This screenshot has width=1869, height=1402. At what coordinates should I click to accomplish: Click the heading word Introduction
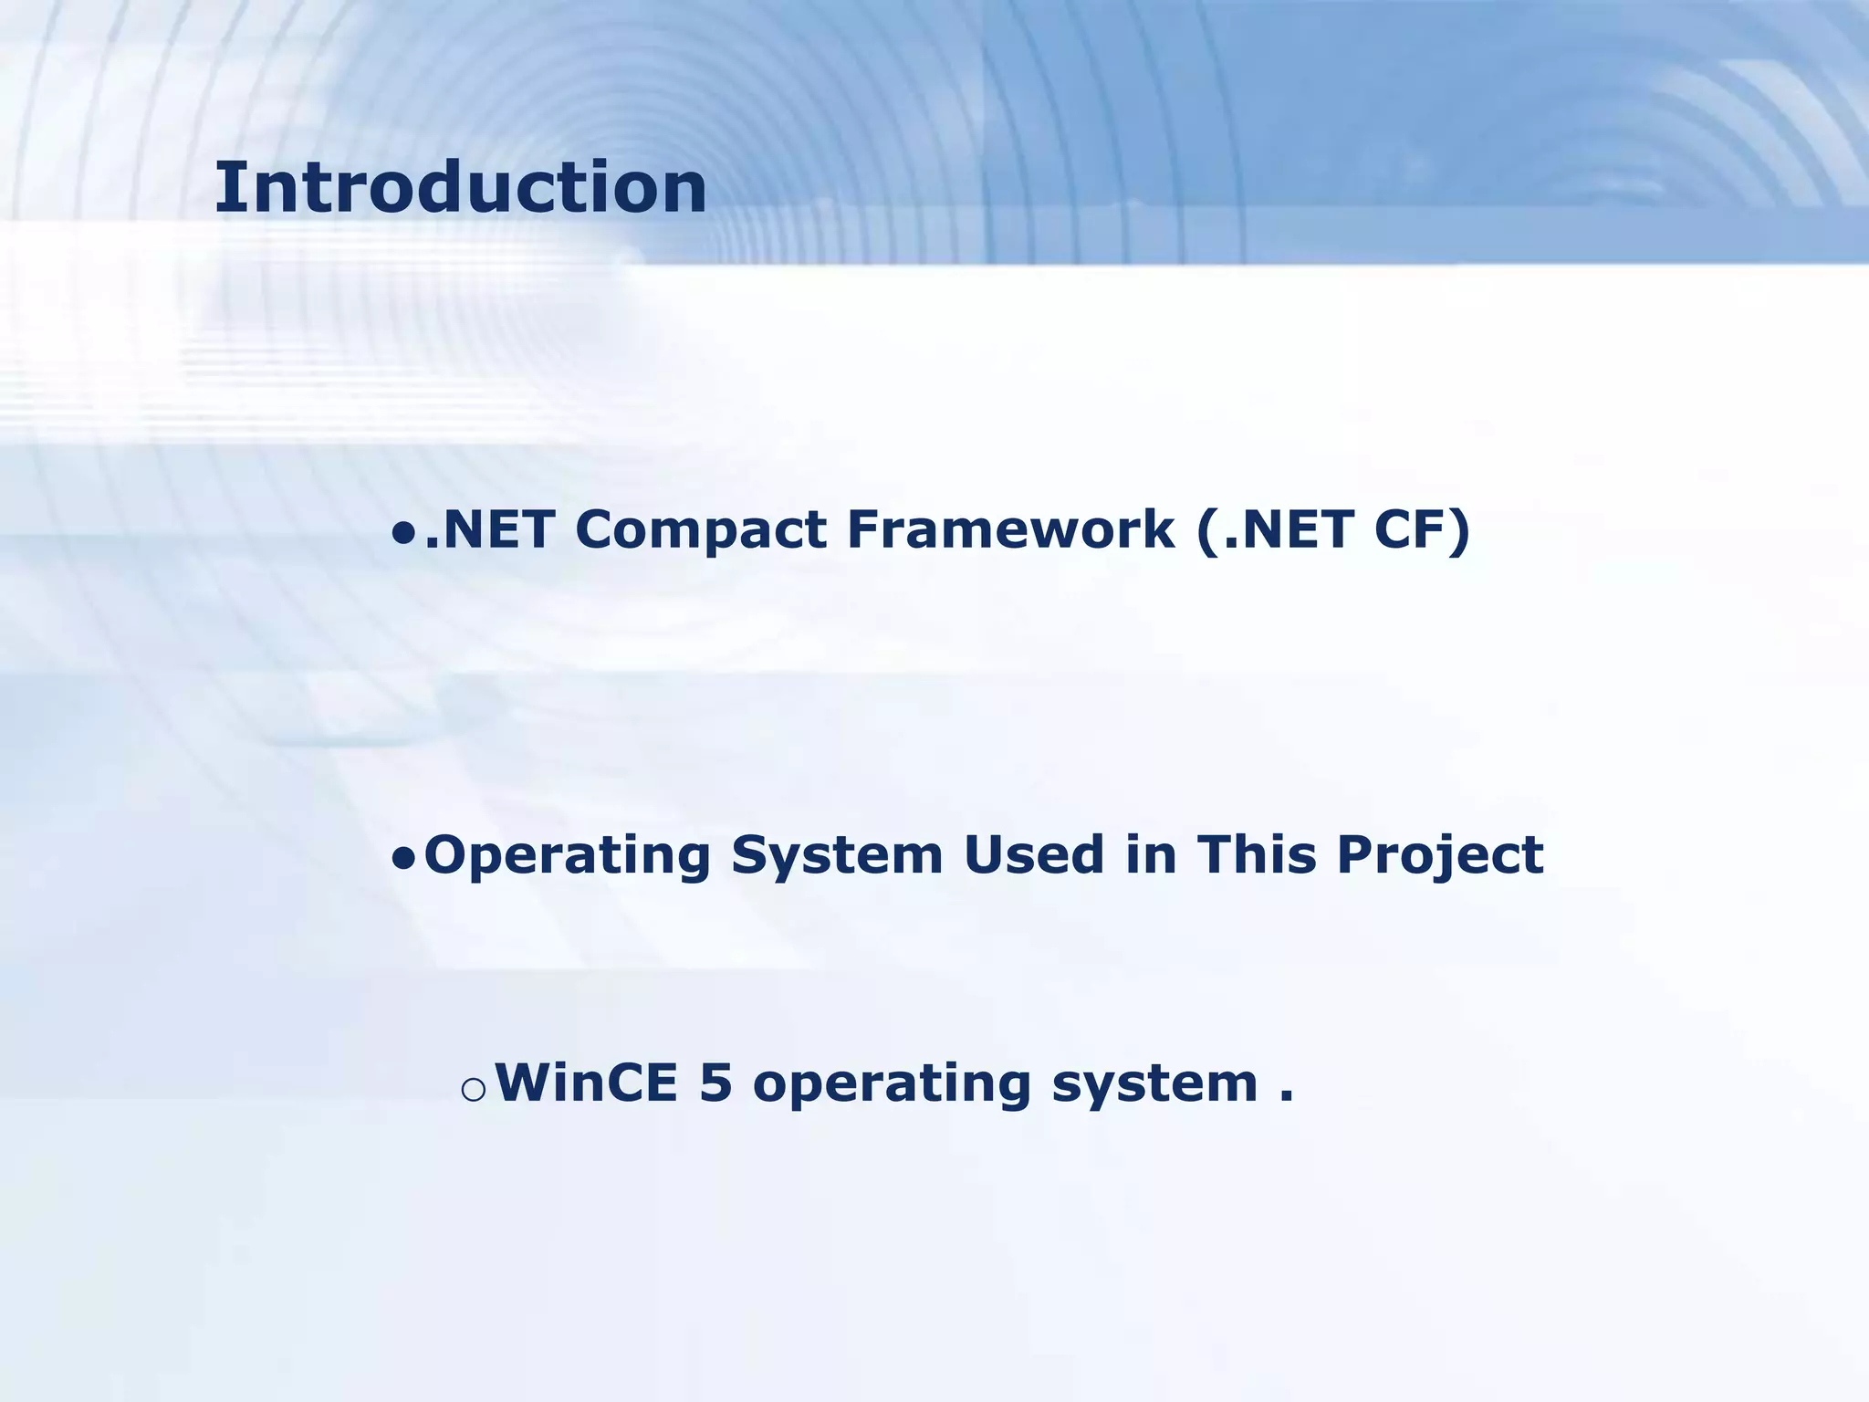(x=460, y=187)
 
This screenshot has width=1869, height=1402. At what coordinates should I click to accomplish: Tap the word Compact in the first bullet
(x=700, y=529)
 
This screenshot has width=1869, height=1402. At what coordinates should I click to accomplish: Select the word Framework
(x=1010, y=529)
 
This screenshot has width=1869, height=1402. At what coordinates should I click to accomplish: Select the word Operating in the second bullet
(x=567, y=856)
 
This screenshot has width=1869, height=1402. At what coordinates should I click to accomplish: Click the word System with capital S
(x=836, y=856)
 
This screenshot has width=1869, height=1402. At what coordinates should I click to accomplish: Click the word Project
(x=1439, y=856)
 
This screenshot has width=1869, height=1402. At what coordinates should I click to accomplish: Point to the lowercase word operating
(x=891, y=1084)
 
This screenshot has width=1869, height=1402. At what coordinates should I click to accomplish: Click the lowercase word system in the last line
(x=1154, y=1084)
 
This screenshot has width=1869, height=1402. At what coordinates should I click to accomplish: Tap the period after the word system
(x=1286, y=1098)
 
